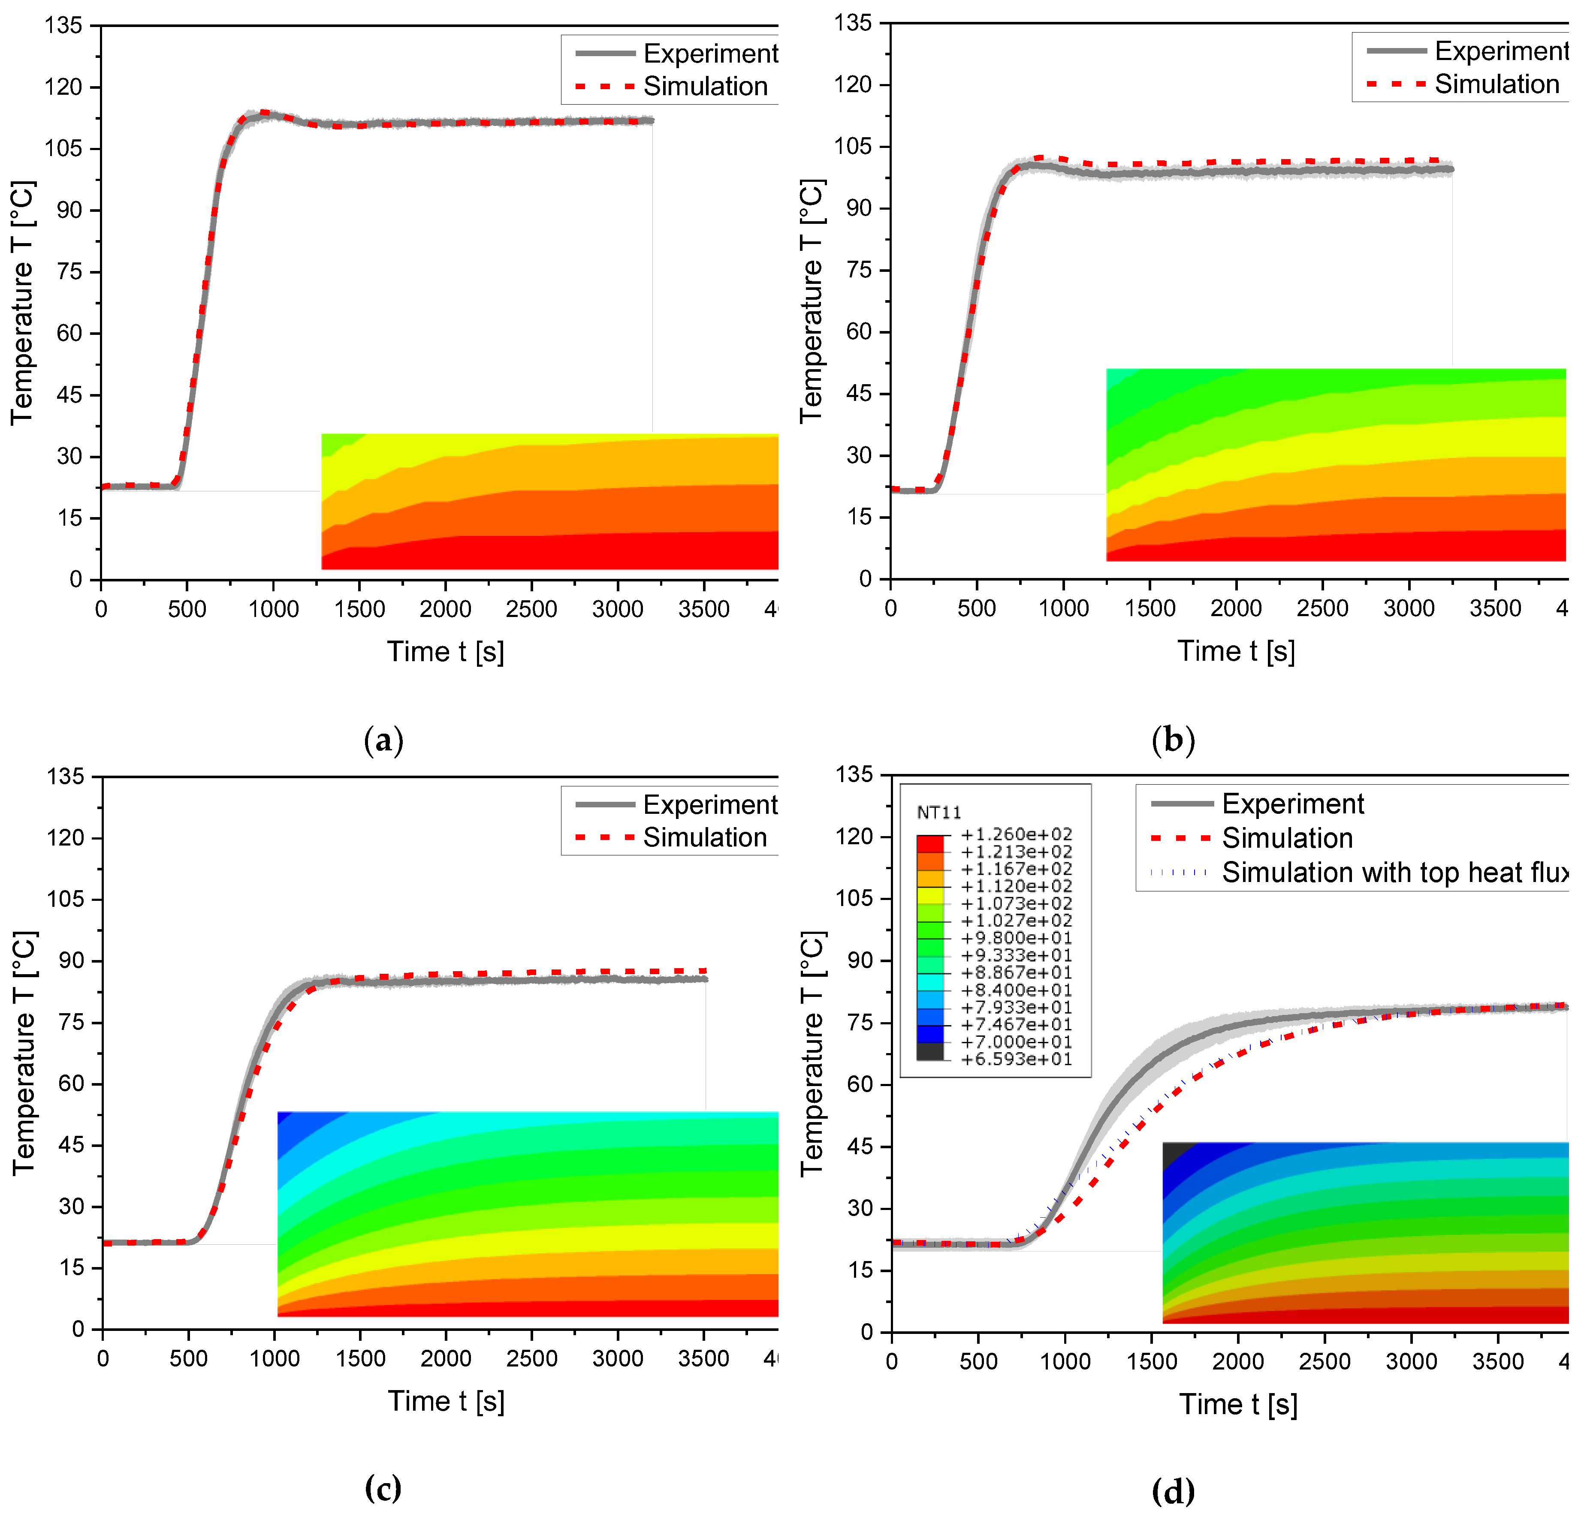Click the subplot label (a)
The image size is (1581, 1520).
pos(383,740)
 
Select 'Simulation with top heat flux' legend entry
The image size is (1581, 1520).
pos(1394,873)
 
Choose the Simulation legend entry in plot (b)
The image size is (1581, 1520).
pos(1497,84)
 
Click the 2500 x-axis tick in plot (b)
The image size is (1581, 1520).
pos(1322,608)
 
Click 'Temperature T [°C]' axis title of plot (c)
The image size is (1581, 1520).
pos(24,1053)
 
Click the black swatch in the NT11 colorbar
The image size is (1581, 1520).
pos(929,1050)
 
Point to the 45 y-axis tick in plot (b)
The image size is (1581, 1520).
pos(860,394)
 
